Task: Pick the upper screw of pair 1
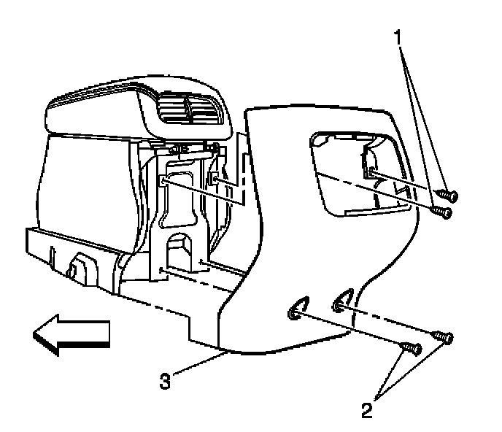tap(451, 196)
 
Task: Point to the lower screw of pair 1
tap(441, 212)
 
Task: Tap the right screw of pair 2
tap(444, 336)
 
